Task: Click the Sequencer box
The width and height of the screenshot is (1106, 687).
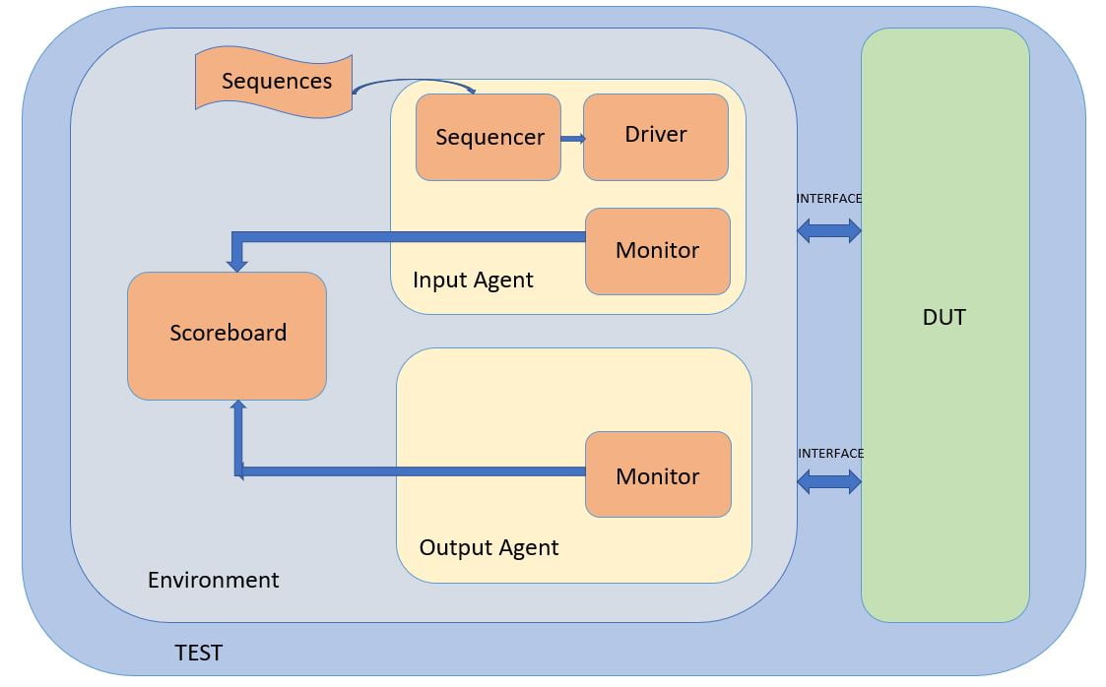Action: tap(488, 138)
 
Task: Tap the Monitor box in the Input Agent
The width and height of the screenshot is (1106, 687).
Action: tap(657, 251)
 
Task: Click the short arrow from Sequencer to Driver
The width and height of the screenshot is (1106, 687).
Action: tap(572, 139)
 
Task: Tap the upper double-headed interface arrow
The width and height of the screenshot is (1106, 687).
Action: tap(828, 231)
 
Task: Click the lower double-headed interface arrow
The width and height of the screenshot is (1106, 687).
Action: tap(828, 481)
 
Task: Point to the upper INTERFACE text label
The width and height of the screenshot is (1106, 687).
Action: tap(828, 199)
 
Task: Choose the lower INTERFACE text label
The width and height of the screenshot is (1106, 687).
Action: tap(830, 454)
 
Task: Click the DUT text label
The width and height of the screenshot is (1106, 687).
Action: tap(944, 317)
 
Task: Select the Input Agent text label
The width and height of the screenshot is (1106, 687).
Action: tap(473, 281)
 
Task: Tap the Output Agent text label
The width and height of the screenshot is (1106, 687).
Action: tap(488, 548)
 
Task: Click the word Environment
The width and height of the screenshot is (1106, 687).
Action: tap(214, 580)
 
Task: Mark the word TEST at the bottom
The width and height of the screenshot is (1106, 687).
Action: tap(198, 653)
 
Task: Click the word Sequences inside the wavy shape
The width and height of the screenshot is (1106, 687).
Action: tap(277, 82)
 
